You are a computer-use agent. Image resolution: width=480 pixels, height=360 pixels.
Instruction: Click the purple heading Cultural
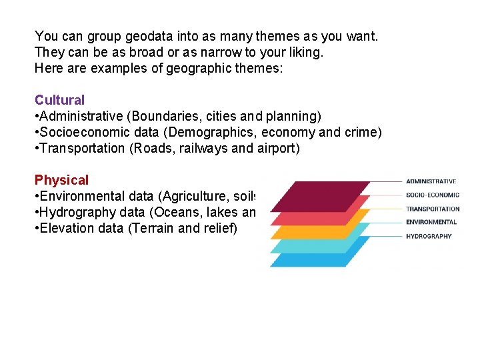click(x=59, y=100)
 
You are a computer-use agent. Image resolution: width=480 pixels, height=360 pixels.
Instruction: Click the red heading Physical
click(x=61, y=180)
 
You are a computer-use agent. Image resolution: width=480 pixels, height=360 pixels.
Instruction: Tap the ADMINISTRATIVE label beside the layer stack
click(x=431, y=181)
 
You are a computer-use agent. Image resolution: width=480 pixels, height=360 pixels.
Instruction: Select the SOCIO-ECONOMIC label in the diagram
click(x=432, y=195)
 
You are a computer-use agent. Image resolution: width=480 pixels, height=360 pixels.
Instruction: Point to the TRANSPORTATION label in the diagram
click(x=433, y=209)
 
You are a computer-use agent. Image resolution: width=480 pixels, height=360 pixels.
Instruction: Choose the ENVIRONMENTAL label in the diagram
click(x=431, y=222)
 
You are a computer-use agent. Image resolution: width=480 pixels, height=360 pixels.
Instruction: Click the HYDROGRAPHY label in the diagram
click(x=429, y=236)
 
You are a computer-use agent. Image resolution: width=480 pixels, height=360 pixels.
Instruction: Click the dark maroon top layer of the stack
click(x=320, y=195)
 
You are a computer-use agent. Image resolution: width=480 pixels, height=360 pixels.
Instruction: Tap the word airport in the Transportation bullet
click(x=275, y=148)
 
